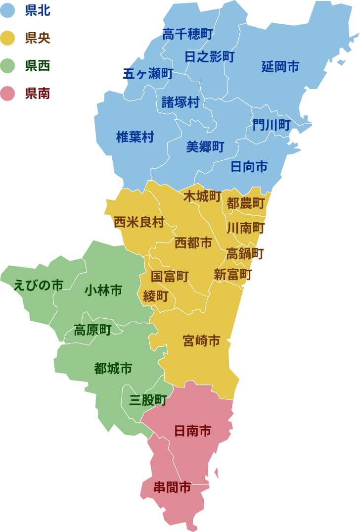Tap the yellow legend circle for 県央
8,38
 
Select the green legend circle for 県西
8,65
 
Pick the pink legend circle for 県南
8,93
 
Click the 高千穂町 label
187,34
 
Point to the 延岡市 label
280,66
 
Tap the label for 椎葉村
135,137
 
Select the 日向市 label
249,167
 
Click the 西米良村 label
139,222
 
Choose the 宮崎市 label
201,340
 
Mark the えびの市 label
39,286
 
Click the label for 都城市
113,368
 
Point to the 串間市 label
172,487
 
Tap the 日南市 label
192,431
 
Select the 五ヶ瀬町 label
148,74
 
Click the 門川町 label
271,125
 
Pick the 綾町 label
156,296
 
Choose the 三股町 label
148,400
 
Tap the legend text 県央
38,38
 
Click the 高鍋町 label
245,254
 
